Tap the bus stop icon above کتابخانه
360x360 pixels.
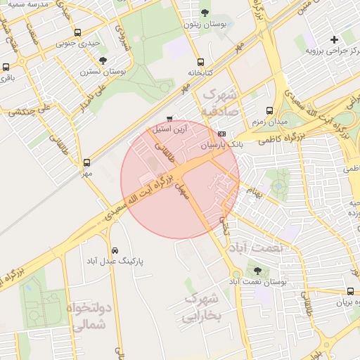(x=201, y=61)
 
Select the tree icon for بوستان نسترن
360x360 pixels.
(x=103, y=60)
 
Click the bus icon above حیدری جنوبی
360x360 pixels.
(x=77, y=32)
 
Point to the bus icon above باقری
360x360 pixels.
(x=6, y=67)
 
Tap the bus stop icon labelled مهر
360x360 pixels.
(x=86, y=162)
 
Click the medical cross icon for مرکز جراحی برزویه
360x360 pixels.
(x=334, y=39)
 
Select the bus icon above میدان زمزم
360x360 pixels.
(x=270, y=110)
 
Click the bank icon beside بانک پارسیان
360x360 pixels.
(x=222, y=134)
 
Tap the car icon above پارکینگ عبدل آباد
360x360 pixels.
(x=115, y=250)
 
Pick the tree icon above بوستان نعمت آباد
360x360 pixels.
(x=256, y=270)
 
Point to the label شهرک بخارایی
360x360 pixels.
(x=202, y=309)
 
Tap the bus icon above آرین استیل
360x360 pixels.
(x=169, y=118)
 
